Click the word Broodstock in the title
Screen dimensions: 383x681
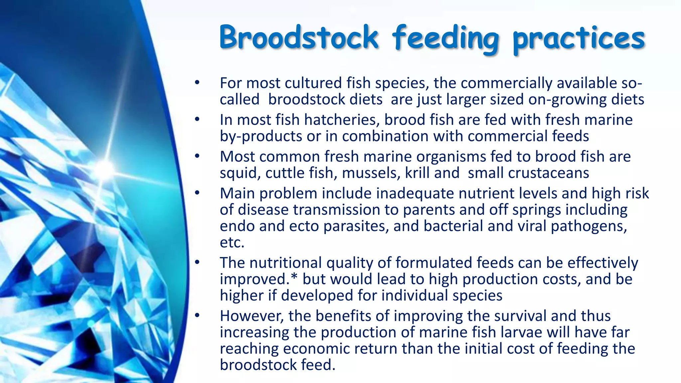pyautogui.click(x=299, y=37)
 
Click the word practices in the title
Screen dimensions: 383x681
pyautogui.click(x=579, y=39)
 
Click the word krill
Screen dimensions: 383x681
pyautogui.click(x=417, y=173)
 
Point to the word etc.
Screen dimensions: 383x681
pyautogui.click(x=232, y=242)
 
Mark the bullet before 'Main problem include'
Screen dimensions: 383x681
pyautogui.click(x=197, y=193)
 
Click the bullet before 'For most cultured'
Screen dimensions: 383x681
pyautogui.click(x=197, y=82)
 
